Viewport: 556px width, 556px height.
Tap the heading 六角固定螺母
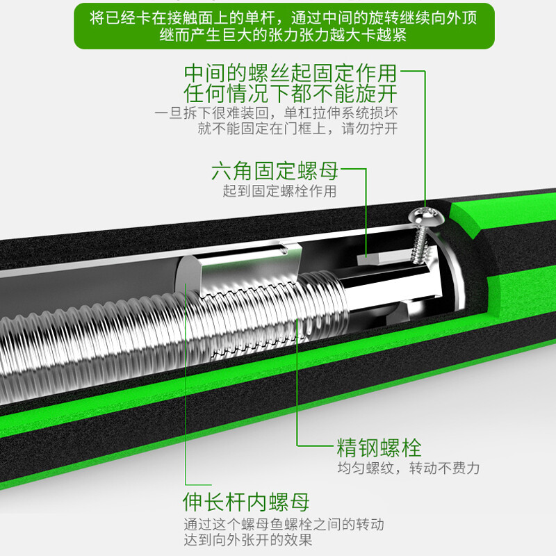click(x=275, y=171)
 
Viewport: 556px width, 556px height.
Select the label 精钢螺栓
click(x=379, y=447)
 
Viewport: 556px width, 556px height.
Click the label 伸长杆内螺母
click(x=246, y=501)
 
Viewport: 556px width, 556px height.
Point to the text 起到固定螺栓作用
click(x=279, y=191)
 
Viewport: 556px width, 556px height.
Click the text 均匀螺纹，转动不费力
click(x=408, y=468)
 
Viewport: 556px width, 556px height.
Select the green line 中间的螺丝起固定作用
click(x=291, y=73)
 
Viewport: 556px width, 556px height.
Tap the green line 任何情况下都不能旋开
click(x=291, y=93)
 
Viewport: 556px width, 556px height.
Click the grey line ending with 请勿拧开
click(x=297, y=129)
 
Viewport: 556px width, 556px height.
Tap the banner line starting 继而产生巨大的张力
click(x=284, y=35)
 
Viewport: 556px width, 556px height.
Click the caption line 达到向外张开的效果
click(x=248, y=539)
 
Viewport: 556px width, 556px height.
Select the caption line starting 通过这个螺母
click(x=284, y=523)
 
